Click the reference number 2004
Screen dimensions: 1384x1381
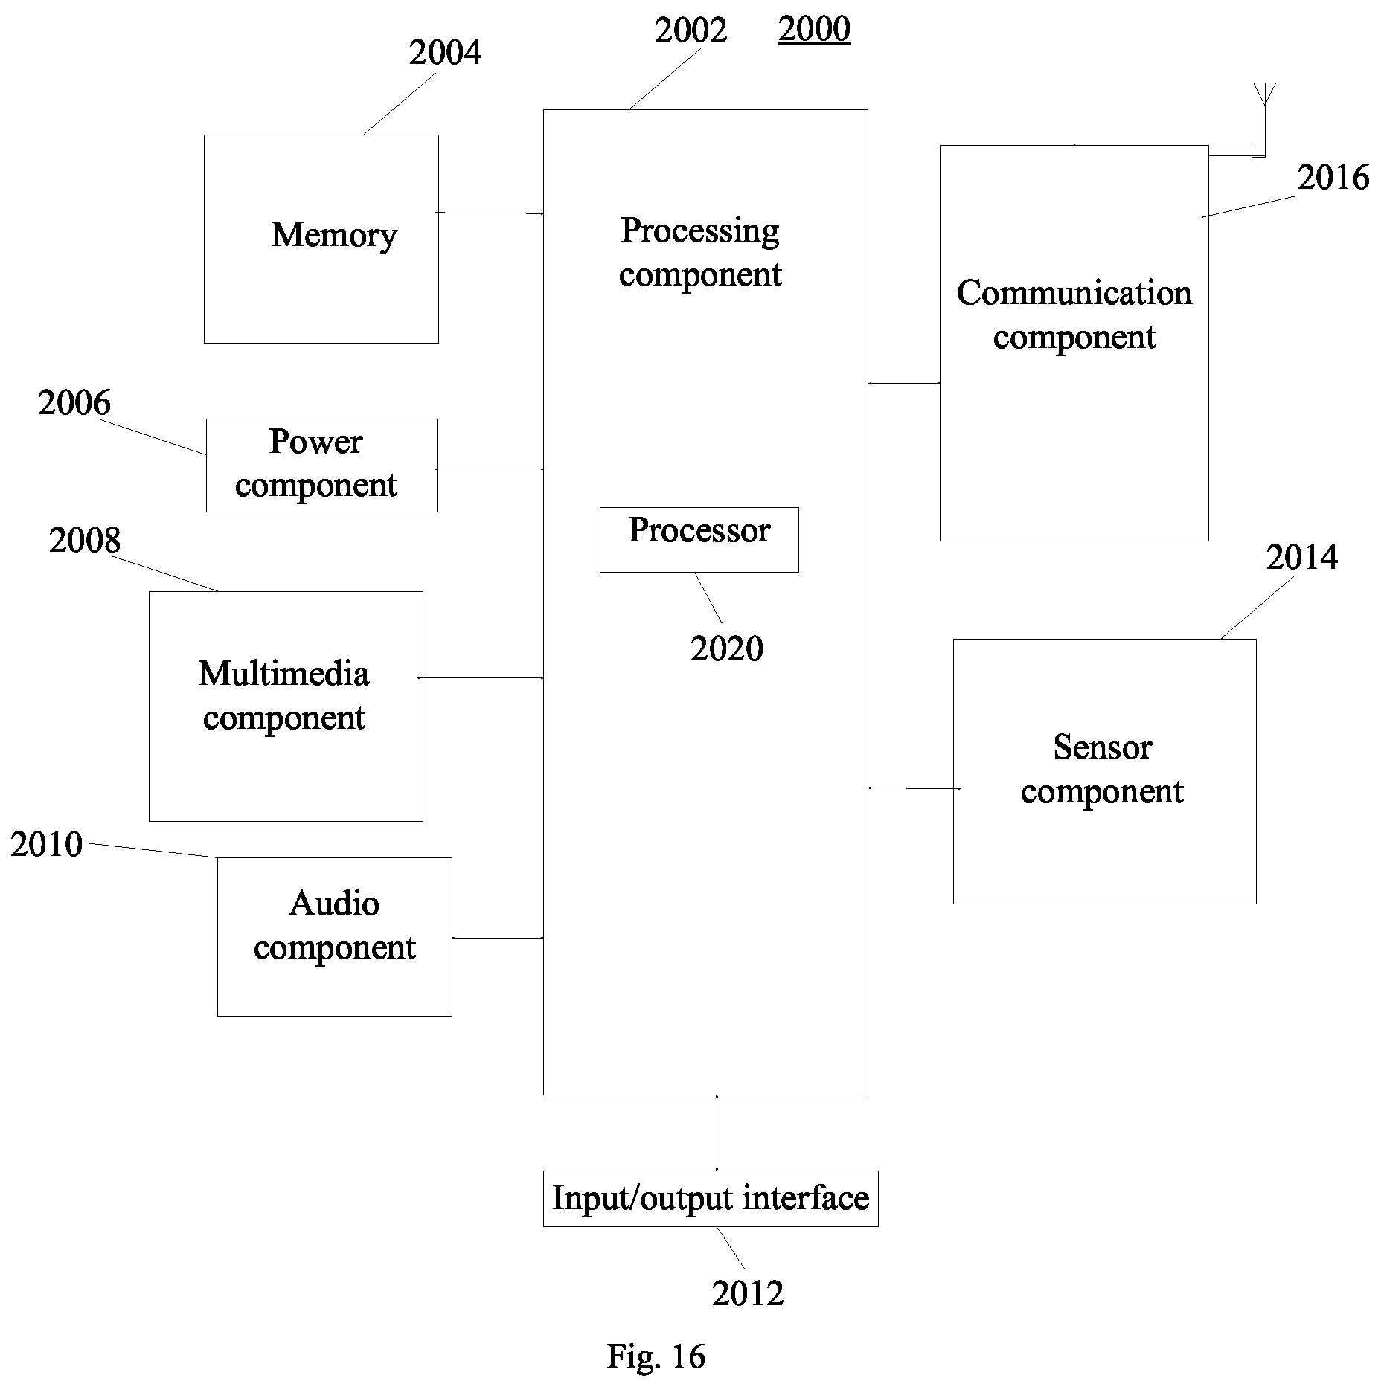point(445,53)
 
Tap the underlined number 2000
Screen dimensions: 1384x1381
point(814,30)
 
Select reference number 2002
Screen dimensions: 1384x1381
point(691,30)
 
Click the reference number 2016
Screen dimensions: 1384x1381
point(1333,178)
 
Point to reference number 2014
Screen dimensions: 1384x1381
point(1302,558)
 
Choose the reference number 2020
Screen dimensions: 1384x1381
point(727,648)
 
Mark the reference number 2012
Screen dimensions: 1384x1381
point(748,1294)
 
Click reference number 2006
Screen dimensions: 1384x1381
point(74,403)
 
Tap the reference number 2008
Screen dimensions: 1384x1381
point(85,541)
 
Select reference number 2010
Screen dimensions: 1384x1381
point(46,845)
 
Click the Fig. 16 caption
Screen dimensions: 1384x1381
point(656,1356)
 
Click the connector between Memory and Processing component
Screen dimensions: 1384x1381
point(490,213)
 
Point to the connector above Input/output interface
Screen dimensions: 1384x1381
point(717,1133)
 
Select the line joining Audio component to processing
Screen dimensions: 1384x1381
point(498,938)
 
